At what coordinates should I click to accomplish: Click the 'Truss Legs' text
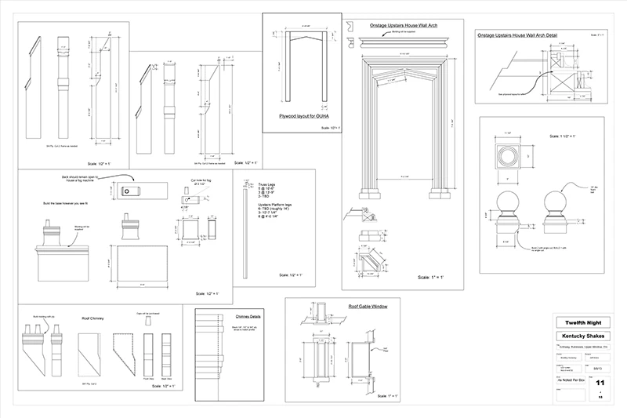(x=266, y=184)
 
